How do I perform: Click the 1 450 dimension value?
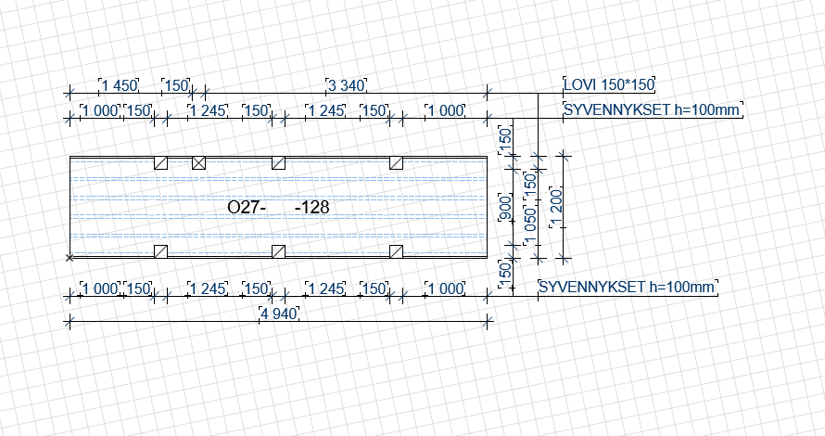(119, 86)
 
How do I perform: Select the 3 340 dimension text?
(347, 86)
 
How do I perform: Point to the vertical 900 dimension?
(505, 210)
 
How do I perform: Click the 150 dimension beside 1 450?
(176, 86)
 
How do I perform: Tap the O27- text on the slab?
(247, 208)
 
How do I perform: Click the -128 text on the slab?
(311, 208)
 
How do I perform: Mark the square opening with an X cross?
(198, 162)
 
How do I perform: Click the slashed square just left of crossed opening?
(160, 162)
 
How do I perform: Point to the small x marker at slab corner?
(70, 257)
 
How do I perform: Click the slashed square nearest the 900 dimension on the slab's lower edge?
(397, 251)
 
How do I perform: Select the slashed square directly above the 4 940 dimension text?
(278, 251)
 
